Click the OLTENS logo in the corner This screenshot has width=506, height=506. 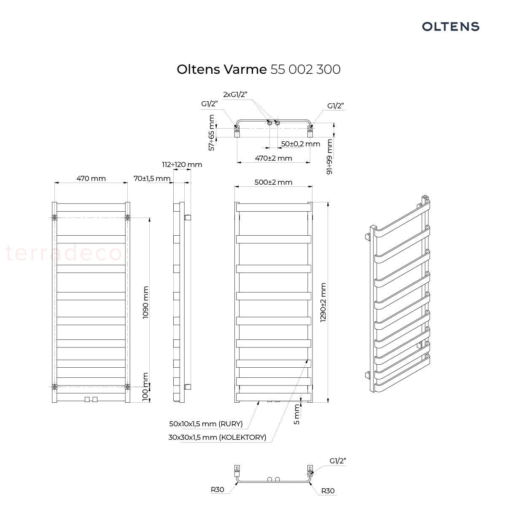point(450,27)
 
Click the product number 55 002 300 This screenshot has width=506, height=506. point(305,70)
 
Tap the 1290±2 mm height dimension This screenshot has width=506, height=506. point(323,302)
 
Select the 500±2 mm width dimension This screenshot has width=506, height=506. point(273,182)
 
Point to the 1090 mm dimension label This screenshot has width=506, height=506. point(145,302)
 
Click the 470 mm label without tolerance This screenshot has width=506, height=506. point(91,178)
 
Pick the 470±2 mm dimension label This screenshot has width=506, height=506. point(273,159)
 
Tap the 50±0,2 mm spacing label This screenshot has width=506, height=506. point(300,144)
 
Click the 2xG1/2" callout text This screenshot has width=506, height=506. point(235,94)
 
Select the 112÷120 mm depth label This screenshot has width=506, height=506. point(182,164)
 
